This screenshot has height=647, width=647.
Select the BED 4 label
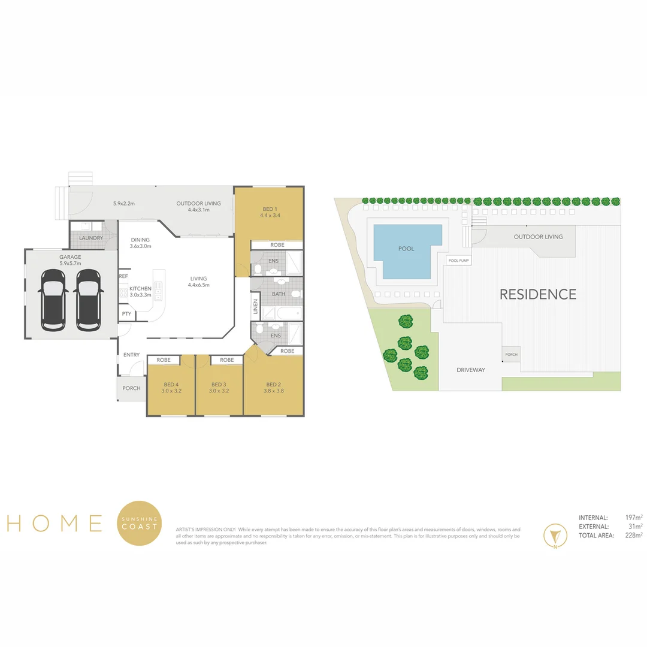click(171, 385)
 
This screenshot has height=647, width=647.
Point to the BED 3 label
click(219, 385)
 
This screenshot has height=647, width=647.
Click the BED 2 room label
click(273, 385)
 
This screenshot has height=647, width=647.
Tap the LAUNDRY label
click(91, 238)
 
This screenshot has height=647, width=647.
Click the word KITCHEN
click(141, 288)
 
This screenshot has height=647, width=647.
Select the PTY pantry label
click(126, 313)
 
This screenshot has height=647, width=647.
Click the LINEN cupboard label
click(256, 307)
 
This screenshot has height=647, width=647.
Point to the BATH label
click(279, 294)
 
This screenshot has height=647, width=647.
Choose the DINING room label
click(140, 240)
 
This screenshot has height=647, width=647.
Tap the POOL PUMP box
click(459, 261)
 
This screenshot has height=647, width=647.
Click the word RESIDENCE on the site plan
click(538, 294)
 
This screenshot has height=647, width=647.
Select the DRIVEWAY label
click(471, 370)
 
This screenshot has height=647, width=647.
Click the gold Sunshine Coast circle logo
click(139, 523)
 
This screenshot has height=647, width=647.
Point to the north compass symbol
click(555, 536)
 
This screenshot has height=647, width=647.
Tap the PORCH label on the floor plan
click(131, 388)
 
